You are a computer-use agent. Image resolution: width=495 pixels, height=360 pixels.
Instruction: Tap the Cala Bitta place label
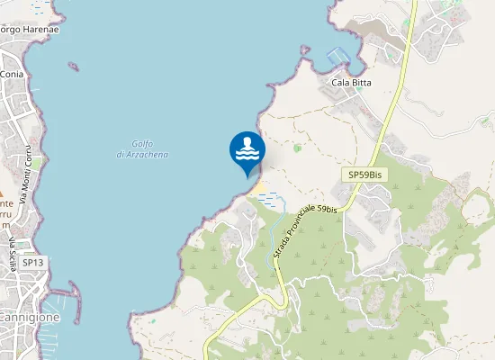(x=352, y=83)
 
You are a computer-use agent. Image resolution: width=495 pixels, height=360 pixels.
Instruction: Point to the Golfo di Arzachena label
(x=142, y=149)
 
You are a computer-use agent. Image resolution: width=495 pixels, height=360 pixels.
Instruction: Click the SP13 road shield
(x=33, y=263)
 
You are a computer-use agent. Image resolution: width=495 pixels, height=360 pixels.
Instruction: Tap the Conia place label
(x=12, y=74)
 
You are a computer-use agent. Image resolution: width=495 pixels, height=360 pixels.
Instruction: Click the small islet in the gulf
(x=73, y=66)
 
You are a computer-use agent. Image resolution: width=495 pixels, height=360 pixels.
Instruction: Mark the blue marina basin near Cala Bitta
(x=337, y=55)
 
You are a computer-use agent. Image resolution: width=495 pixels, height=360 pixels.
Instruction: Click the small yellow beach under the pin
(x=257, y=188)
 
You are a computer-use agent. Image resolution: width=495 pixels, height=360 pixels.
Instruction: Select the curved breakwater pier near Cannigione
(x=73, y=292)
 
